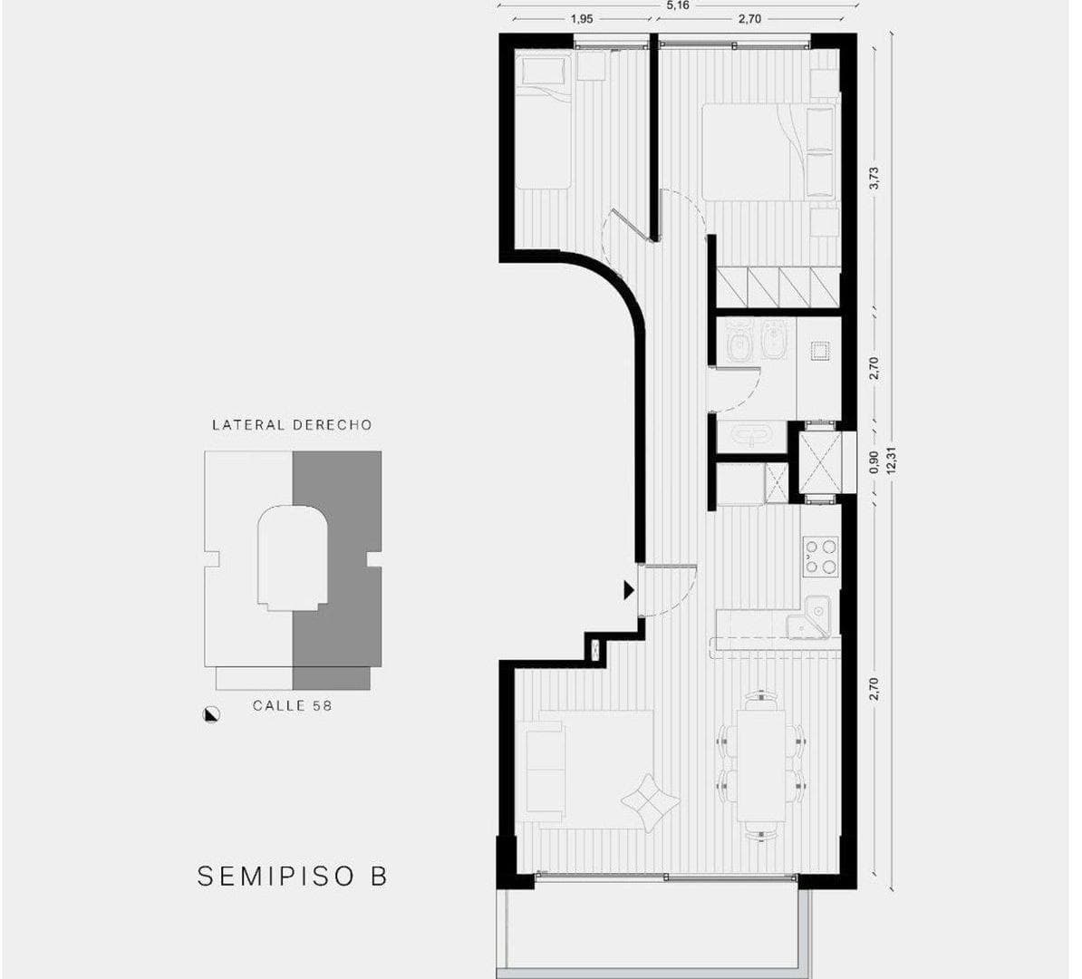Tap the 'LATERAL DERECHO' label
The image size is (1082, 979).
click(x=292, y=424)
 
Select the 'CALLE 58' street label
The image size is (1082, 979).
click(x=292, y=704)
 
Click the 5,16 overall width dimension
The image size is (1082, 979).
click(x=676, y=5)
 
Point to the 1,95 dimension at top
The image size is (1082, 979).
click(x=582, y=18)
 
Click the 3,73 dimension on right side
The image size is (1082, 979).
click(x=874, y=178)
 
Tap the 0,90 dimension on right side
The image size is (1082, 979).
click(x=874, y=462)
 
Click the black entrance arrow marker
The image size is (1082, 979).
click(x=628, y=590)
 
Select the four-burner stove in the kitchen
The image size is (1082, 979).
click(x=820, y=556)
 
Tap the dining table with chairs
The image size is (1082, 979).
click(x=760, y=764)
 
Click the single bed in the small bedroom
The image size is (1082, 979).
click(x=543, y=121)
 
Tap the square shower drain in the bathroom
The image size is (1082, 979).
click(x=820, y=351)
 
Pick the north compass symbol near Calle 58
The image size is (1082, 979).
click(x=211, y=713)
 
